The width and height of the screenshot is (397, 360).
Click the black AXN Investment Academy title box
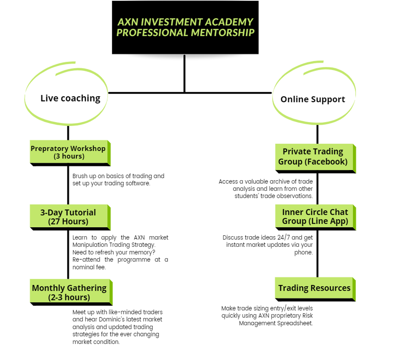(185, 27)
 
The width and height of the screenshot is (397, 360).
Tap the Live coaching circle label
(70, 98)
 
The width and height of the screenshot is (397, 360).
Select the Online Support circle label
(313, 99)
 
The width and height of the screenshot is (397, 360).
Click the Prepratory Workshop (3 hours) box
(70, 153)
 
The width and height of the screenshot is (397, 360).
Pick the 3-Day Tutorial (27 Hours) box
(70, 218)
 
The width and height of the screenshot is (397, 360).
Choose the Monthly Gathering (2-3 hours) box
(71, 292)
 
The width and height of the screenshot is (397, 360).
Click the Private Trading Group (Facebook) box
(315, 159)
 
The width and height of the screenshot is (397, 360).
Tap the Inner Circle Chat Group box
(315, 218)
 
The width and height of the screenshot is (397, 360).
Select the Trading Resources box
(315, 289)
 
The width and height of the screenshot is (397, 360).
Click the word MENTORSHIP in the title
(223, 32)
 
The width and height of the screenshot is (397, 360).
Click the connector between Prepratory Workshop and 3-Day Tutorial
(68, 185)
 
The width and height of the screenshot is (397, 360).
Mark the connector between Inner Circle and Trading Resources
(317, 254)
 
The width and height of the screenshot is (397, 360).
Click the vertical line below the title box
(184, 73)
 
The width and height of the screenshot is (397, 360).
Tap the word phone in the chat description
(303, 252)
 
